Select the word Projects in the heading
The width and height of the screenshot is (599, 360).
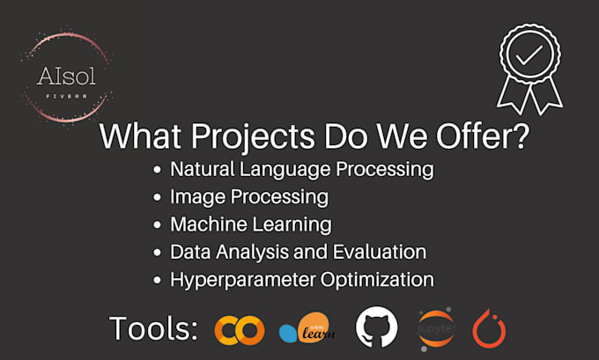[241, 138]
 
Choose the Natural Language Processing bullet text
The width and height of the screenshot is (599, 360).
[302, 168]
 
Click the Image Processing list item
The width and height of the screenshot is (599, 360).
[249, 195]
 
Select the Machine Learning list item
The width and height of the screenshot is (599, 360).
[250, 224]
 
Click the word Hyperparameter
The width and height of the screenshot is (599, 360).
[239, 280]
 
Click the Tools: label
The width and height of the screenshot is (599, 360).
[153, 328]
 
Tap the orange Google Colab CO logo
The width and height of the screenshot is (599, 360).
[240, 329]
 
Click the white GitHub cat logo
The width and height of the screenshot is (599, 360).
[377, 327]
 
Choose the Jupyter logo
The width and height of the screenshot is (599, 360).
[437, 327]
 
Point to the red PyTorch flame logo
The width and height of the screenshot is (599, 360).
[489, 327]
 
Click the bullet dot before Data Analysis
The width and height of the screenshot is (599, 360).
[157, 253]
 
